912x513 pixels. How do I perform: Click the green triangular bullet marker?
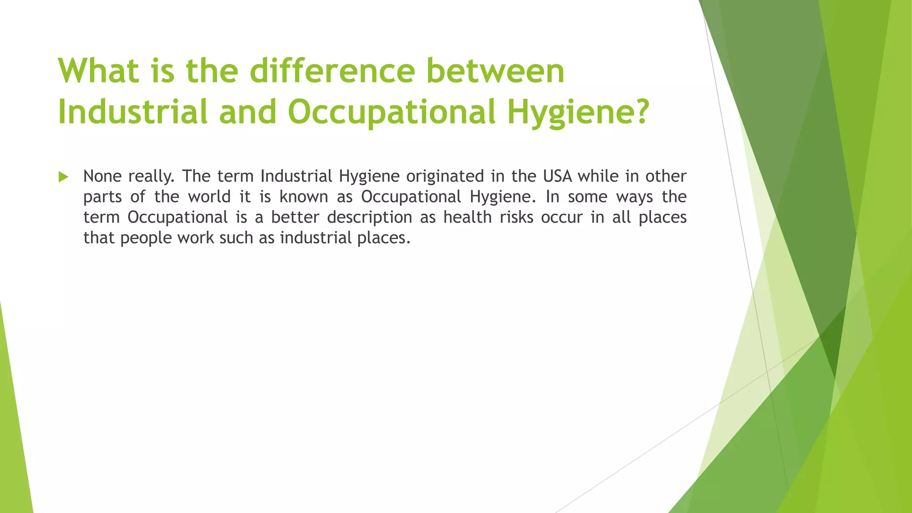click(63, 177)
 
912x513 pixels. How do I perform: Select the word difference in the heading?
click(332, 71)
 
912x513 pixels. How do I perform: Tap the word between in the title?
click(495, 71)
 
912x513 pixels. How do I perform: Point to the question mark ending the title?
click(639, 111)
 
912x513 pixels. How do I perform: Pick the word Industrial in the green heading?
click(133, 111)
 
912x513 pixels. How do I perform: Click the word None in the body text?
click(102, 176)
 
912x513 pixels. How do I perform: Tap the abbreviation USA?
click(558, 176)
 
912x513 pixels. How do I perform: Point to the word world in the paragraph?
click(209, 197)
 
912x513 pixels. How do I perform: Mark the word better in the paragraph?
click(295, 217)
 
